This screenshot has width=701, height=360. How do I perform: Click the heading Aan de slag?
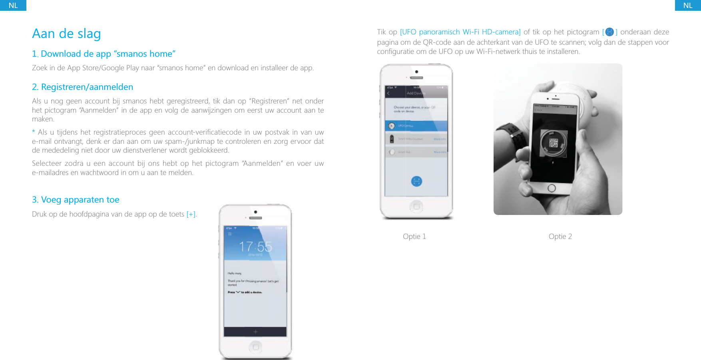[x=66, y=34]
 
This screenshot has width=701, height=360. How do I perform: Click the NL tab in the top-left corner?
[x=13, y=5]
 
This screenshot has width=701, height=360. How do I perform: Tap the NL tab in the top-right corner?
[x=687, y=5]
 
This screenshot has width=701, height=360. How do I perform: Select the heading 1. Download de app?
[x=104, y=54]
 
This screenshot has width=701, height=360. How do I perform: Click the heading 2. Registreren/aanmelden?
[x=83, y=87]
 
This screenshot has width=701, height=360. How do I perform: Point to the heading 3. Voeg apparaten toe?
[x=76, y=200]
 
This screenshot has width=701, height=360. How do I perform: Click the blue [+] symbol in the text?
[x=191, y=214]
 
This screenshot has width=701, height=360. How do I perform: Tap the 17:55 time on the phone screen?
[x=255, y=247]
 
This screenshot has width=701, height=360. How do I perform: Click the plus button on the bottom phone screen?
[x=255, y=332]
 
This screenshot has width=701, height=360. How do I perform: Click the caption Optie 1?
[x=414, y=237]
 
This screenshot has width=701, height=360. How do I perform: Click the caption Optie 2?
[x=560, y=237]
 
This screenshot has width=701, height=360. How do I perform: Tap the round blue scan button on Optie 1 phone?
[x=416, y=181]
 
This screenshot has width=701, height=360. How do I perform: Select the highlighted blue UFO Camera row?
[x=416, y=126]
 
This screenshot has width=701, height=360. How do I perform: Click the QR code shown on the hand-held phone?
[x=553, y=143]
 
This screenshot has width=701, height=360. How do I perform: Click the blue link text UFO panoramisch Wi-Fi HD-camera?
[x=460, y=32]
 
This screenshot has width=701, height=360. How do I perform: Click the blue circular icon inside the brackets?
[x=609, y=32]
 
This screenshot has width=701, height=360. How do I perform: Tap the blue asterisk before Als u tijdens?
[x=34, y=131]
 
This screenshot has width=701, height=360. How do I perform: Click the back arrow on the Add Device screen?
[x=388, y=93]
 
